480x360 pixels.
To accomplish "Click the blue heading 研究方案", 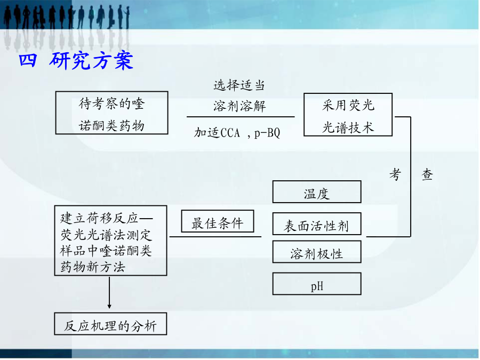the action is (91, 60).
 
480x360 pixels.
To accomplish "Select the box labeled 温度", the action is (317, 191).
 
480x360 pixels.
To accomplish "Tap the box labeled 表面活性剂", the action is (317, 224).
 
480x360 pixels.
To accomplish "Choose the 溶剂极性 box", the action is (317, 252).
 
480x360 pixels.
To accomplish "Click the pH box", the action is (317, 284).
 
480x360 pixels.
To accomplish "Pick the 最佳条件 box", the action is (218, 221).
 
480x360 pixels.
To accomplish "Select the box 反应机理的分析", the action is (110, 324).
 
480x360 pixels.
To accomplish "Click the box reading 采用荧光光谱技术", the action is (348, 115).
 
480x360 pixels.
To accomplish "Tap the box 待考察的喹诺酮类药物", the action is (112, 113).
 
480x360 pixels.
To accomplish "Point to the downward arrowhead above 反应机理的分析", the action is (109, 306).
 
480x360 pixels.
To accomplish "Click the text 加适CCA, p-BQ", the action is (237, 133).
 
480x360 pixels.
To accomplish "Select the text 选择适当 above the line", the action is (239, 85).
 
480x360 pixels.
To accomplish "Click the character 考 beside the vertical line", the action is (395, 175).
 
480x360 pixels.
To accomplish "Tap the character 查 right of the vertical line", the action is (427, 175).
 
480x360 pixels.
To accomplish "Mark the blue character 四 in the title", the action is (28, 60).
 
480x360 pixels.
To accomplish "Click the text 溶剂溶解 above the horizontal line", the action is (239, 106).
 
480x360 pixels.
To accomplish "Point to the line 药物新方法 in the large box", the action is (93, 267).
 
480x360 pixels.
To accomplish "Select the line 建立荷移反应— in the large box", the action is (106, 218).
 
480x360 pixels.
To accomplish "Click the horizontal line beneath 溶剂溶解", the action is (241, 117).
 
